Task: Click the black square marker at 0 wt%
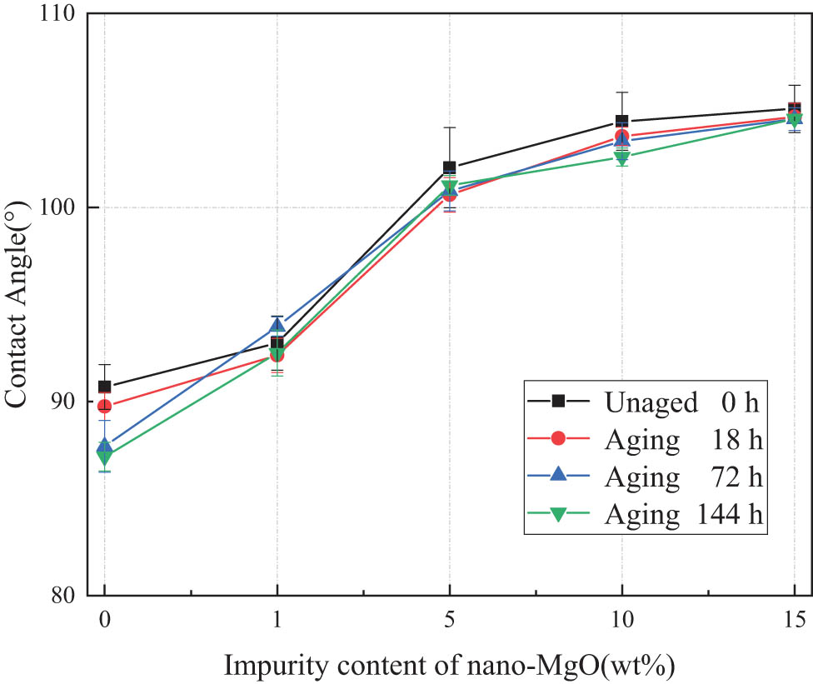click(x=104, y=387)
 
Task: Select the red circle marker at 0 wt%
click(x=104, y=406)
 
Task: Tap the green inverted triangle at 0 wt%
click(x=104, y=457)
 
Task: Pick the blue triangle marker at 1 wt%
click(x=277, y=325)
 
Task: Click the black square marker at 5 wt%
click(x=449, y=167)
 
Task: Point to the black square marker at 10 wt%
click(x=621, y=122)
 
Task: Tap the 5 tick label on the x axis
click(x=449, y=619)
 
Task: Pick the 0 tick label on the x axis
click(x=104, y=619)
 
